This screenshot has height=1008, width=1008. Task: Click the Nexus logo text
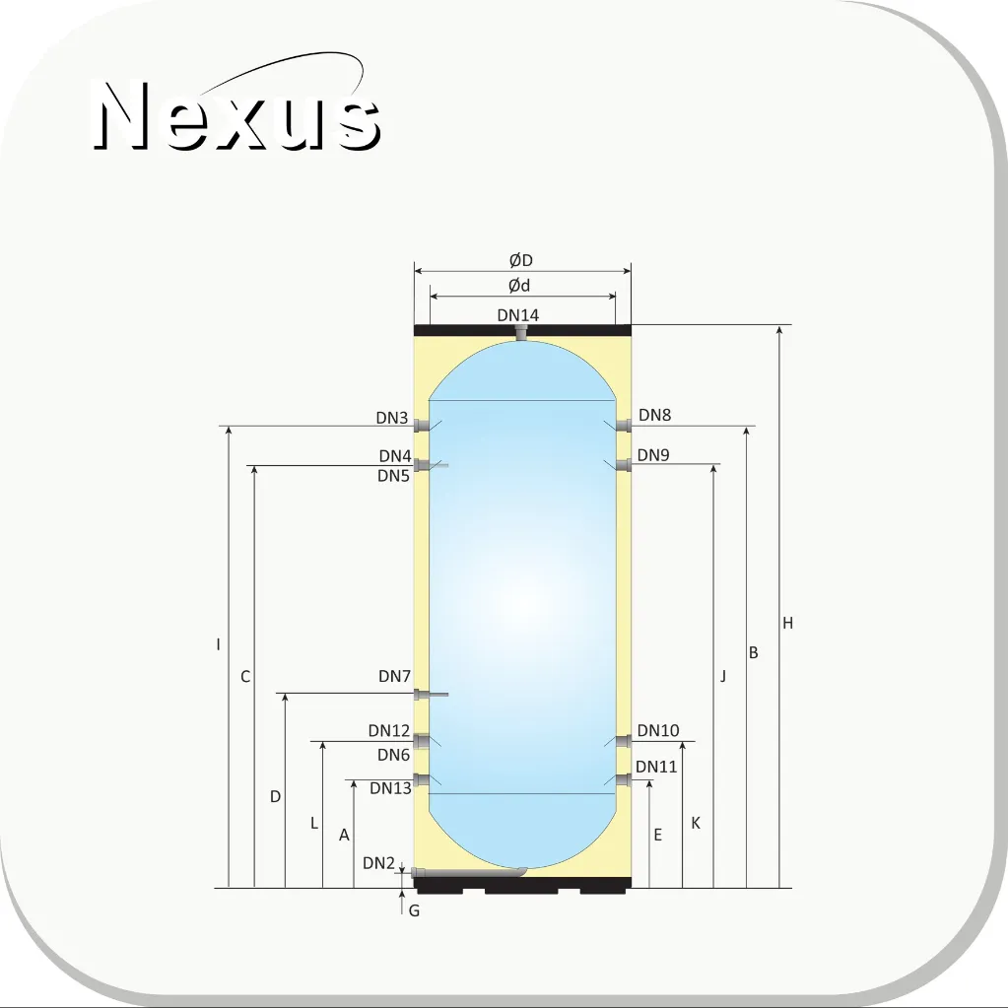pos(237,115)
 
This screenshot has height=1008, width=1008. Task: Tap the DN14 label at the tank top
pos(518,315)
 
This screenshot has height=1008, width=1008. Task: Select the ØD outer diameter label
pos(520,260)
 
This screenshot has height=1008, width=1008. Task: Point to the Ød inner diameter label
pos(519,286)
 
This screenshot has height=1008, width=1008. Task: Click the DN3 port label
pos(392,418)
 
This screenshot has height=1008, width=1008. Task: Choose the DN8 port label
pos(654,415)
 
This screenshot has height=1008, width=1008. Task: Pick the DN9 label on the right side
pos(653,455)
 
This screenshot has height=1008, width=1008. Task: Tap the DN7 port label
pos(394,676)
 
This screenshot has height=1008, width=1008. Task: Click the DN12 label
pos(389,731)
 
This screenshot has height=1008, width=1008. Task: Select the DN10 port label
pos(658,730)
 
